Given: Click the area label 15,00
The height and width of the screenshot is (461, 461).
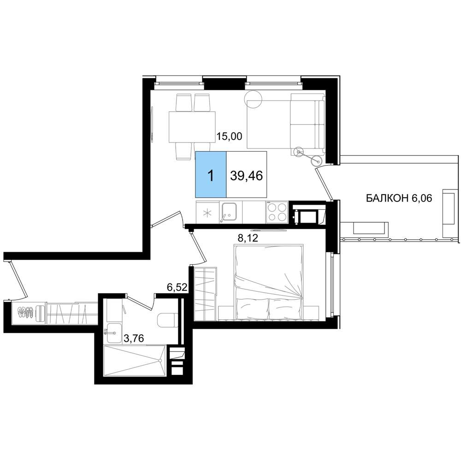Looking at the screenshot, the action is click(229, 136).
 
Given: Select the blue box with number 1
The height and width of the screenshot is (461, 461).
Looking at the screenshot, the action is click(211, 174).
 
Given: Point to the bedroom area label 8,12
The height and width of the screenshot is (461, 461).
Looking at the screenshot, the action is click(248, 238).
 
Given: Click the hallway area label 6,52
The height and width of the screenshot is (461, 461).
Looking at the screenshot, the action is click(177, 287).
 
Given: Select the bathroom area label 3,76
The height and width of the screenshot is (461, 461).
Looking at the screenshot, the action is click(134, 339).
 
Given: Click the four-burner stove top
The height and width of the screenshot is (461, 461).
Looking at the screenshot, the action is click(277, 212).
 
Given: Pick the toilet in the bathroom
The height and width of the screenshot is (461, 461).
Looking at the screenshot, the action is click(168, 320).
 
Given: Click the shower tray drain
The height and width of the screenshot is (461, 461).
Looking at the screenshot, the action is click(160, 360).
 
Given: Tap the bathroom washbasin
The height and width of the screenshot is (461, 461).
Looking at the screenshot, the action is click(114, 333).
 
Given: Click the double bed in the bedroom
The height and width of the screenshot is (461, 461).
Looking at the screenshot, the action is click(268, 282).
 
